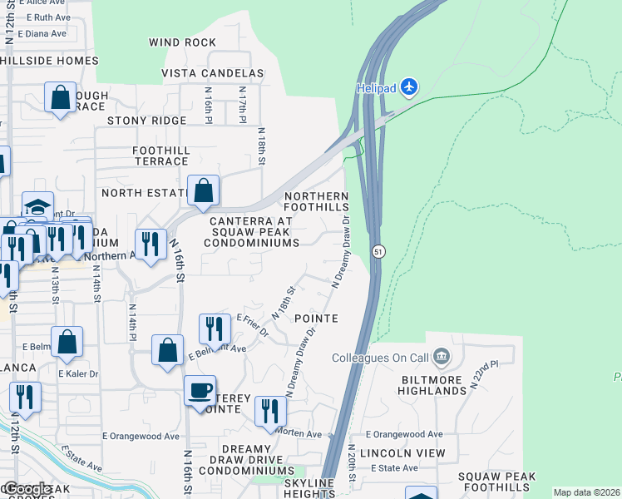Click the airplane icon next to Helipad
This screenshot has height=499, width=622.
(x=408, y=86)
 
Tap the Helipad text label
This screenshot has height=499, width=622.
(x=377, y=87)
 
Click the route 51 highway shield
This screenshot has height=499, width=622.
(x=378, y=251)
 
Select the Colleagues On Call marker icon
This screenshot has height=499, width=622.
(x=442, y=358)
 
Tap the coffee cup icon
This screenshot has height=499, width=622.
(x=200, y=390)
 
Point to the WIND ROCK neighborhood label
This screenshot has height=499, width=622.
(x=182, y=42)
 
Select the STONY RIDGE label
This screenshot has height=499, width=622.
(x=147, y=121)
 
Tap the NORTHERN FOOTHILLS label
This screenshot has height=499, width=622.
(x=316, y=200)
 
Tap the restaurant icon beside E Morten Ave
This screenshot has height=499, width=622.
(x=270, y=411)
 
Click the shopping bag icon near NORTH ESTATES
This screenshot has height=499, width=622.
(x=204, y=190)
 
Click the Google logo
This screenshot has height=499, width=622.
(x=27, y=489)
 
